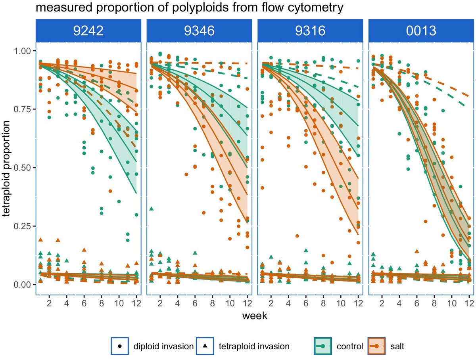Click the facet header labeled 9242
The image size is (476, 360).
click(x=88, y=31)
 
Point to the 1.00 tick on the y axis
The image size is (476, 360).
click(x=22, y=51)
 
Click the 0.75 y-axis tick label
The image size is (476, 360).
click(x=22, y=109)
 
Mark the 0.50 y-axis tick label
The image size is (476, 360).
click(x=22, y=168)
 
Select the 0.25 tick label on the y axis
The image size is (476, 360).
click(x=22, y=226)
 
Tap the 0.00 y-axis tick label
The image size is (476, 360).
click(x=22, y=285)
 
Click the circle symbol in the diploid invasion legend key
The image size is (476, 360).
click(x=120, y=346)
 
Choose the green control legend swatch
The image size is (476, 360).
click(x=322, y=346)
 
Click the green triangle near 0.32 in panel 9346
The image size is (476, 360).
click(x=152, y=209)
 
